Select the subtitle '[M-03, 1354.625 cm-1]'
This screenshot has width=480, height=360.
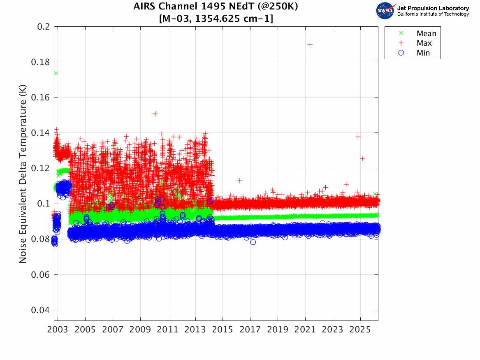coord(216,19)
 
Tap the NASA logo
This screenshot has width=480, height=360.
coord(385,10)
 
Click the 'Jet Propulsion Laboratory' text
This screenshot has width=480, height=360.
coord(433,8)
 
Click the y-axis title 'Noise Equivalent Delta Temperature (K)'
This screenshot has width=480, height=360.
coord(23,174)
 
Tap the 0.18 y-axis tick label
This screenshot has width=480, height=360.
coord(41,62)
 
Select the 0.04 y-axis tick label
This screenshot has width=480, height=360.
coord(41,310)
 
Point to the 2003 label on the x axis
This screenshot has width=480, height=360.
coord(58,330)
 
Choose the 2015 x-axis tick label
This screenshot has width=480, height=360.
coord(223,330)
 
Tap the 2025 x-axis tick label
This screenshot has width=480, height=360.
coord(360,330)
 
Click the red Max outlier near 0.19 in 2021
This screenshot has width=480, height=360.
coord(310,44)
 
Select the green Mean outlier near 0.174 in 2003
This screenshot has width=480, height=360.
coord(56,73)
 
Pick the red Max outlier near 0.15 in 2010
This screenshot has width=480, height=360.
coord(155,114)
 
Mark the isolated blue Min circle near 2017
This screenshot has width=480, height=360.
coord(253,242)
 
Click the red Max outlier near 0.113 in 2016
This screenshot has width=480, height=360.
coord(239,181)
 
